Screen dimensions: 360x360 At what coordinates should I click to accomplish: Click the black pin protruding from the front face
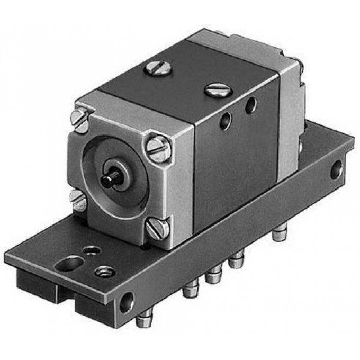coord(112,179)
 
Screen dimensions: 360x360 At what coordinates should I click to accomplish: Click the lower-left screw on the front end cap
coord(78,200)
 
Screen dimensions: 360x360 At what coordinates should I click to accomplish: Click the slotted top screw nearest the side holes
coord(218,90)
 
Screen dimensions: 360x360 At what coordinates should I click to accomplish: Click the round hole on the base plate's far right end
coord(336,170)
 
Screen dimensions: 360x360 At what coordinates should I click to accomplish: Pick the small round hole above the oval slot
coord(93,249)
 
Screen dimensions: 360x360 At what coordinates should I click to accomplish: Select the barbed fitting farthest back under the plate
coord(279,233)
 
